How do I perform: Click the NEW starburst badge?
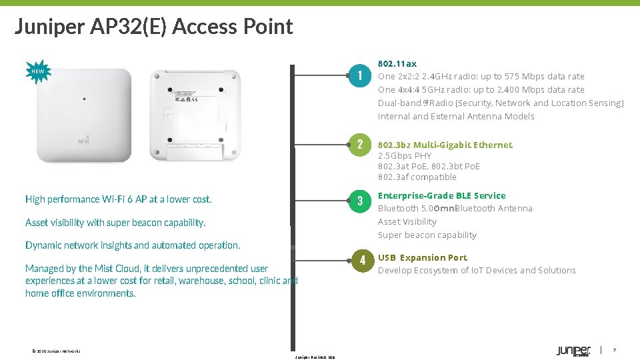[x=38, y=71]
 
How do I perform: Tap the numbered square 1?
[x=359, y=75]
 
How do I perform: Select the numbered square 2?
[x=359, y=145]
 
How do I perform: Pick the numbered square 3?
[x=359, y=201]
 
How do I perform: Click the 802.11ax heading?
[x=397, y=63]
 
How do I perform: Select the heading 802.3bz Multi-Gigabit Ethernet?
[x=445, y=145]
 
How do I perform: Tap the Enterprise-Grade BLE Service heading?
[x=441, y=195]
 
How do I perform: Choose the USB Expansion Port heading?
[x=423, y=257]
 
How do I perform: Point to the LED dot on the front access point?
[x=85, y=99]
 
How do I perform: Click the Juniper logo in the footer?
[x=573, y=351]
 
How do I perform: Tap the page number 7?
[x=615, y=351]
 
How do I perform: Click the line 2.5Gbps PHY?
[x=405, y=155]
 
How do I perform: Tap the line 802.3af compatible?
[x=417, y=177]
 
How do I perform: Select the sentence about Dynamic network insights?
[x=133, y=245]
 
